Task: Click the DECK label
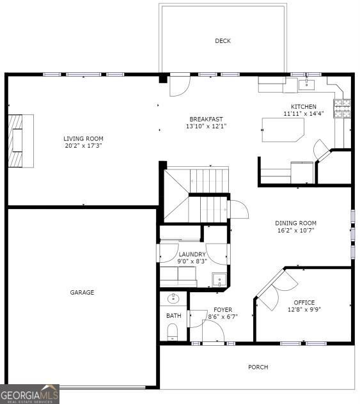point(223,41)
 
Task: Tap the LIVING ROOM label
point(83,138)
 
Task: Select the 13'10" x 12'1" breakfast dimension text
point(206,127)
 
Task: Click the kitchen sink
point(306,85)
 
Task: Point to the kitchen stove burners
point(342,108)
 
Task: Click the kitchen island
point(283,130)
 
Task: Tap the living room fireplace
point(21,141)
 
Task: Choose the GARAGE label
point(82,292)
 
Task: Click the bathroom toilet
point(173,332)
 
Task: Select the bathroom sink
point(173,299)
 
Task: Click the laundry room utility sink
point(219,280)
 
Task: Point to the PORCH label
point(258,367)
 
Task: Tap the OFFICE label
point(304,302)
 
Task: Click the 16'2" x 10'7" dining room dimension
point(295,230)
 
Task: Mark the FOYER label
point(223,309)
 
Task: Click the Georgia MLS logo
point(29,394)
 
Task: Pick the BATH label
point(174,316)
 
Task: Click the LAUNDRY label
point(192,254)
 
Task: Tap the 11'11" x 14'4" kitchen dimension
point(304,114)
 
